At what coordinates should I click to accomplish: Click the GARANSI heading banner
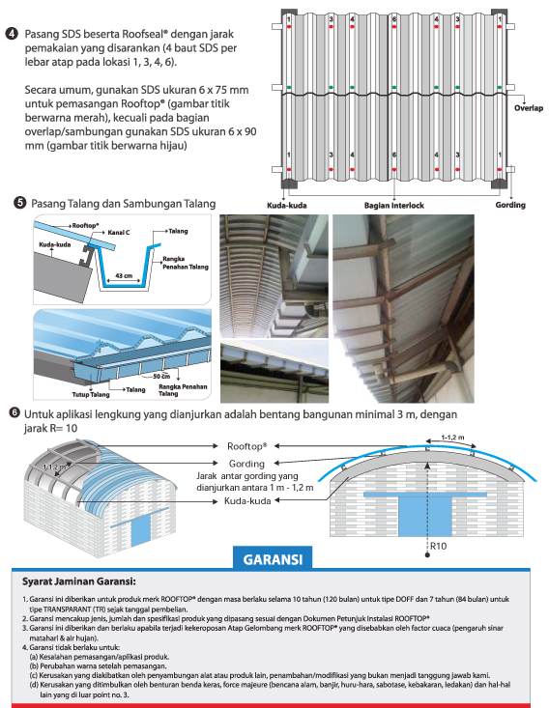pos(273,558)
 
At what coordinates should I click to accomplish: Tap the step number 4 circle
pos(12,34)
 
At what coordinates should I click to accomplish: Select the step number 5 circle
pos(20,203)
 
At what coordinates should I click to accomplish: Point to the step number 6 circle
pos(14,412)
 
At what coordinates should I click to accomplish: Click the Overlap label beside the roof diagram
pos(528,108)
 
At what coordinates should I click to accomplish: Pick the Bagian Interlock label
pos(394,206)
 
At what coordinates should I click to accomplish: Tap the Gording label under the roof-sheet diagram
pos(510,205)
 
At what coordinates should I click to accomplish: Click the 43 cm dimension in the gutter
pos(124,275)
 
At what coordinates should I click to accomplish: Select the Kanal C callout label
pos(118,232)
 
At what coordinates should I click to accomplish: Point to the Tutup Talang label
pos(91,395)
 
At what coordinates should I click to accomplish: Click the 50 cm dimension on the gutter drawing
pos(160,376)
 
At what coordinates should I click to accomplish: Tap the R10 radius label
pos(438,546)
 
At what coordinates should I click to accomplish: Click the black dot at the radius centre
pos(427,554)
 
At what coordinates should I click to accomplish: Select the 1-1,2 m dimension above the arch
pos(452,438)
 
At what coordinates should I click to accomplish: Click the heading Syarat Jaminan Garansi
pos(79,581)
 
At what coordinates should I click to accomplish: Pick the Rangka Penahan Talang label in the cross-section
pos(186,263)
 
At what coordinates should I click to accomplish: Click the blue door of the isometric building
pos(140,530)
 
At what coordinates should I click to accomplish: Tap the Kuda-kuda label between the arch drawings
pos(247,500)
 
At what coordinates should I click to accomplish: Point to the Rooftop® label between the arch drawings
pos(247,446)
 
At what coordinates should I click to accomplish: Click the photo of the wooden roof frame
pos(403,308)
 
